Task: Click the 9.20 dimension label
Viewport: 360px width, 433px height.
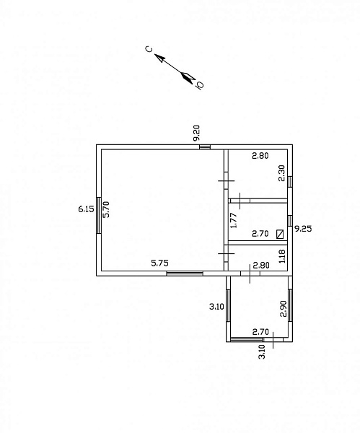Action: coord(196,133)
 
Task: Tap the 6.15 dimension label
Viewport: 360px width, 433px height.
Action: coord(86,209)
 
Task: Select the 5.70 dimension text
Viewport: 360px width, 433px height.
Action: coord(106,209)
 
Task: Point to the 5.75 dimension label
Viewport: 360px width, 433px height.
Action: coord(160,263)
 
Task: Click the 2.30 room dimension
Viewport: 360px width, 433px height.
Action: coord(281,173)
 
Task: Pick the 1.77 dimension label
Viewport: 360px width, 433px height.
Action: coord(234,220)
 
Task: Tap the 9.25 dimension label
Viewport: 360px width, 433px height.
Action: coord(303,229)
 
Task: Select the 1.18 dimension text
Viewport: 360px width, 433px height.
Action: coord(282,256)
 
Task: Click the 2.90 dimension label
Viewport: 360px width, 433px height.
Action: coord(284,309)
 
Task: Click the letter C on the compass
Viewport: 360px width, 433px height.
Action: coord(149,49)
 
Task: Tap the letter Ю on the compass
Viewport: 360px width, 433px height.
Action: coord(200,84)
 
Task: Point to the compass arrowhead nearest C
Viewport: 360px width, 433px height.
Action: coord(159,58)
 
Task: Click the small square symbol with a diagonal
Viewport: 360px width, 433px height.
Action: coord(280,234)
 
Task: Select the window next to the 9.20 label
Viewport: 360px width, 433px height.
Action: coord(205,147)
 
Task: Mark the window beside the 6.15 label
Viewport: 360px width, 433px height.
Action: coord(99,215)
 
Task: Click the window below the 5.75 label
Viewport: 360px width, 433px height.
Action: coord(185,274)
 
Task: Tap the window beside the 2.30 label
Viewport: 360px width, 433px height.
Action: coord(290,182)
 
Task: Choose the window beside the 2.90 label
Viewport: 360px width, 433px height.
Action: coord(290,305)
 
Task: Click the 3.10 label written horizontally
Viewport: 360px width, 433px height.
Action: coord(216,307)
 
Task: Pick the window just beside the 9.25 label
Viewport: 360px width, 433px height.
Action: coord(290,221)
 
